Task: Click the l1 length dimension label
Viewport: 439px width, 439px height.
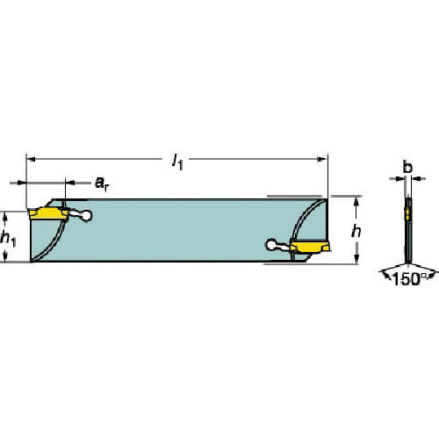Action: [177, 162]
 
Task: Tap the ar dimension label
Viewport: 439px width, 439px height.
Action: [102, 184]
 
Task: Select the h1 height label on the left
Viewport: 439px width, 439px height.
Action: [8, 238]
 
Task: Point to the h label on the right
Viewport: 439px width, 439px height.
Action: [356, 231]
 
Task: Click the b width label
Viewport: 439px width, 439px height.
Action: [407, 167]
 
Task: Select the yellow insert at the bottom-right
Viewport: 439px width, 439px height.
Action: [310, 247]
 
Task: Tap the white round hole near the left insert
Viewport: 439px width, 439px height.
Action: [86, 216]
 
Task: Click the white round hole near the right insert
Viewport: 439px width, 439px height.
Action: [271, 245]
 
